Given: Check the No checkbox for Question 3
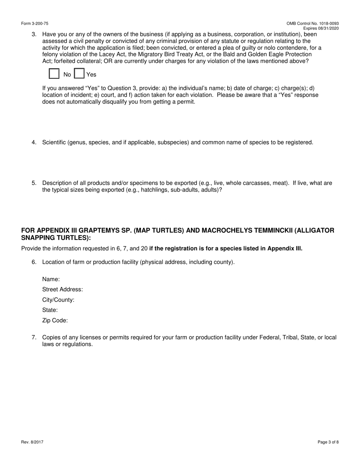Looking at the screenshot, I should [x=54, y=73].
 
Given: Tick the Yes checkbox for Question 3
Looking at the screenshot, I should [x=79, y=73].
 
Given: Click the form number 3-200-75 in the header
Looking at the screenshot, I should [x=35, y=23].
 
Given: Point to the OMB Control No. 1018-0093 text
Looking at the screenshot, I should [x=313, y=23].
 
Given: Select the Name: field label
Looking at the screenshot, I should [x=51, y=279].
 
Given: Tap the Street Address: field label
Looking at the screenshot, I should [x=63, y=289].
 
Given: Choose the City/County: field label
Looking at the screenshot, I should [x=58, y=300].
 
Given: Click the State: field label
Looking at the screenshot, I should [x=50, y=310].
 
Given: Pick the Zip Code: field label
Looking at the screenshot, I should [x=55, y=321].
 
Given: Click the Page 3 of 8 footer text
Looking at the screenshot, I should [x=328, y=442].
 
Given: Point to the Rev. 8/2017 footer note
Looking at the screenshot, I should [x=32, y=442].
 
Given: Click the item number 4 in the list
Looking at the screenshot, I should [x=34, y=142].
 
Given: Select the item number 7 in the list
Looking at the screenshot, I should [x=34, y=337].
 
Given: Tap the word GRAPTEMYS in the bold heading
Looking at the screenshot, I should [x=99, y=230].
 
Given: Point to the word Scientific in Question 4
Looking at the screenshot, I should [x=55, y=142].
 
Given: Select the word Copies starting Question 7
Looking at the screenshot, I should [x=52, y=337].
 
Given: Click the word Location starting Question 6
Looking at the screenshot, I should [x=54, y=262].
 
